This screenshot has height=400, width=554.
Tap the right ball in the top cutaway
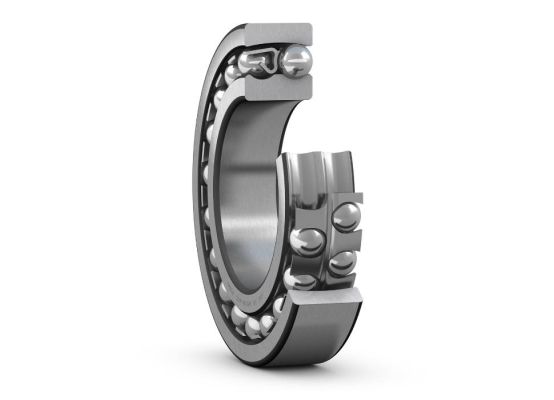[296, 62]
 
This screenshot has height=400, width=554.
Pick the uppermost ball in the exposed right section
[346, 217]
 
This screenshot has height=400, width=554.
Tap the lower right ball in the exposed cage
[342, 262]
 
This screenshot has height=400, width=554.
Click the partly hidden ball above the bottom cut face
[300, 279]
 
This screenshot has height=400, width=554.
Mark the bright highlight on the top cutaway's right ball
[292, 56]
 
